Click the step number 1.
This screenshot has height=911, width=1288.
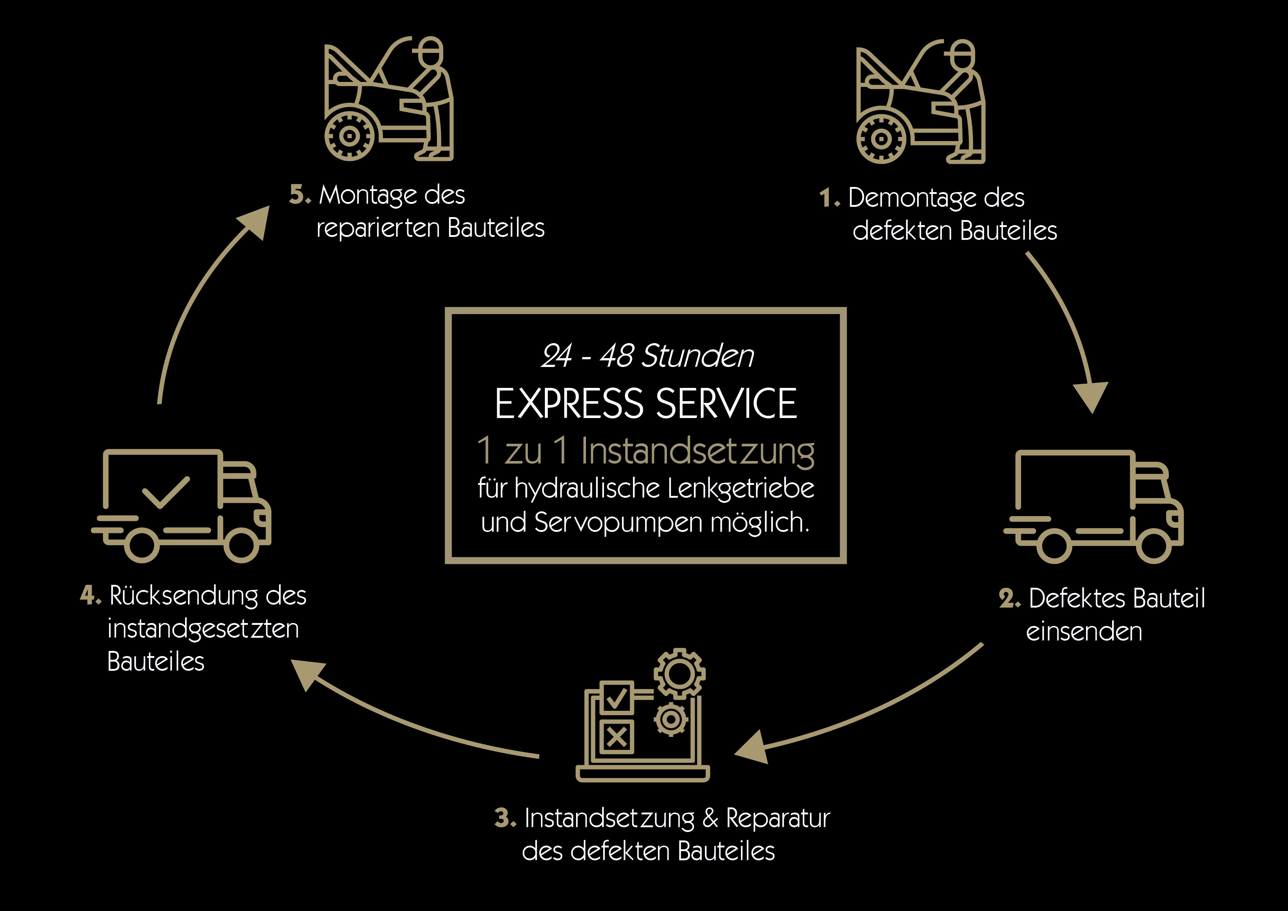point(826,198)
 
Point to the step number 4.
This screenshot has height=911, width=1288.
point(88,595)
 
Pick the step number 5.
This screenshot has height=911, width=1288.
point(297,195)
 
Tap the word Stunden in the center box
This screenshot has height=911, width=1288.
point(698,356)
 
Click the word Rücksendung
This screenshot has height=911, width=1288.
point(184,595)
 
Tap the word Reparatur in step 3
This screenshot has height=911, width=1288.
point(778,818)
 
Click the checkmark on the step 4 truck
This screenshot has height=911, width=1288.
point(166,492)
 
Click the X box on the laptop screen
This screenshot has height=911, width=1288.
point(616,737)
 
